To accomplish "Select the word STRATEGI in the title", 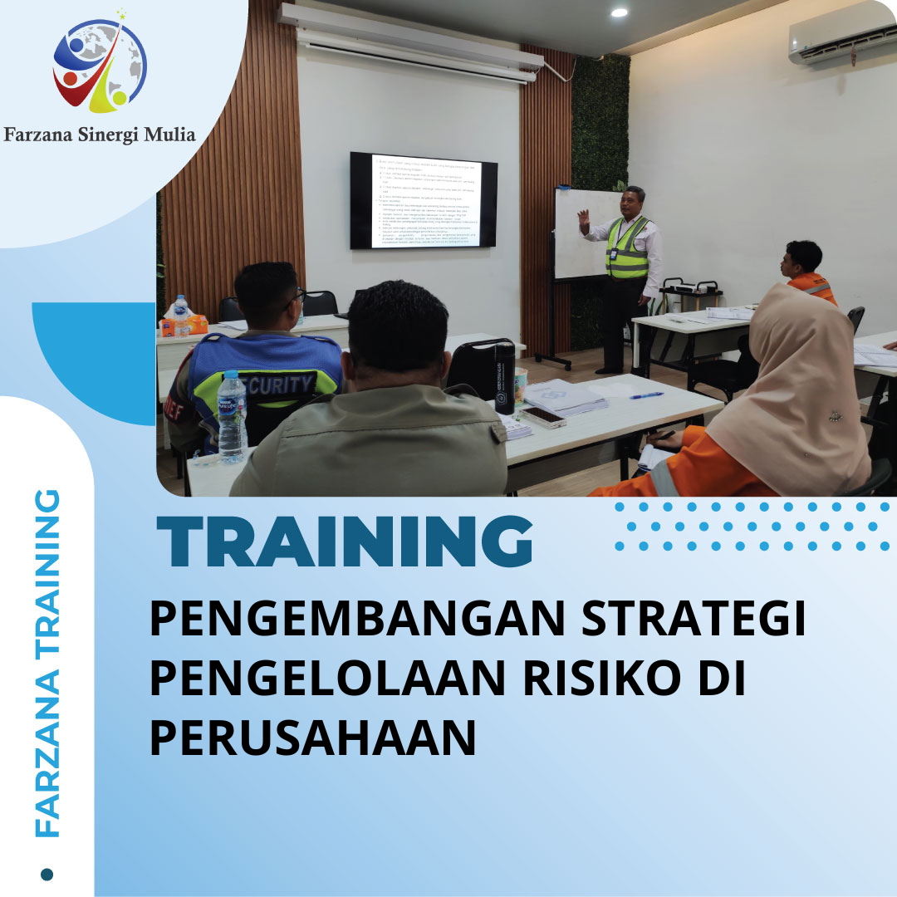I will point(694,621).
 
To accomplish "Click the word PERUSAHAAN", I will point(312,737).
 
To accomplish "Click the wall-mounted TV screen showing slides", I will point(423,201).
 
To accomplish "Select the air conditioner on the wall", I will point(841,37).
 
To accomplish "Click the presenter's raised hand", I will point(584,220).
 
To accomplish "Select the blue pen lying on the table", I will point(646,395).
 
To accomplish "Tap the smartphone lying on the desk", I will point(543,416).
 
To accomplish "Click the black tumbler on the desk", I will point(505,377).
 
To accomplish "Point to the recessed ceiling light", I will point(619,12).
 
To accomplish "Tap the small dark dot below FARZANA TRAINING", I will point(47,874).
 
